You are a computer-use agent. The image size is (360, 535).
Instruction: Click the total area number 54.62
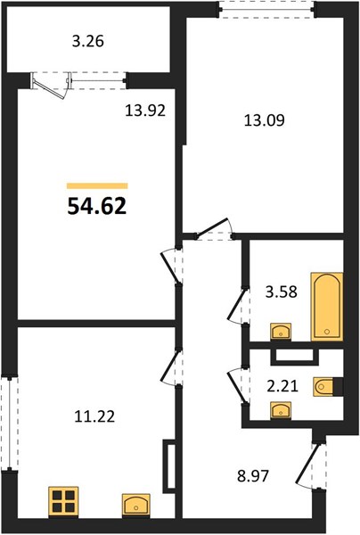[x=97, y=207]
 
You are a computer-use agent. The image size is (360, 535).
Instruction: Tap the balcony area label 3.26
[x=88, y=42]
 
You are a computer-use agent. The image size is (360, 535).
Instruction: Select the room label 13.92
[x=145, y=111]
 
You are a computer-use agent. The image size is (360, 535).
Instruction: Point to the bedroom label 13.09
[x=264, y=120]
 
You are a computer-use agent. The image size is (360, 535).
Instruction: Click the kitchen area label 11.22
[x=94, y=416]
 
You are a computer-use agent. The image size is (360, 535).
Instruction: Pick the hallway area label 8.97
[x=253, y=475]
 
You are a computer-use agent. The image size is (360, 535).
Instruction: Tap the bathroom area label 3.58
[x=282, y=292]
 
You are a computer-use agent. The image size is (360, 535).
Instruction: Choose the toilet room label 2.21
[x=282, y=386]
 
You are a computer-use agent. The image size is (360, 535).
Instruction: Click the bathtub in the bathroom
[x=327, y=307]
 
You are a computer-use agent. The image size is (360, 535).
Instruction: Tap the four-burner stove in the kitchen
[x=63, y=501]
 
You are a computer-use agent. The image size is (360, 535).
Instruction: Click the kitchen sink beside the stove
[x=136, y=504]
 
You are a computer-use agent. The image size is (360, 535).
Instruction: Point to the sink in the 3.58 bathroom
[x=281, y=332]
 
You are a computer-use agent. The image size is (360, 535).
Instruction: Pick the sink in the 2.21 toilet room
[x=281, y=409]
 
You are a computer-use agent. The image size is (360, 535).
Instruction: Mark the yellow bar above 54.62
[x=97, y=186]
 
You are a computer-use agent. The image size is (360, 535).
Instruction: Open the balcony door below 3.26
[x=51, y=85]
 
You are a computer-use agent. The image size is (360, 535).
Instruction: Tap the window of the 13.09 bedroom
[x=266, y=10]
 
